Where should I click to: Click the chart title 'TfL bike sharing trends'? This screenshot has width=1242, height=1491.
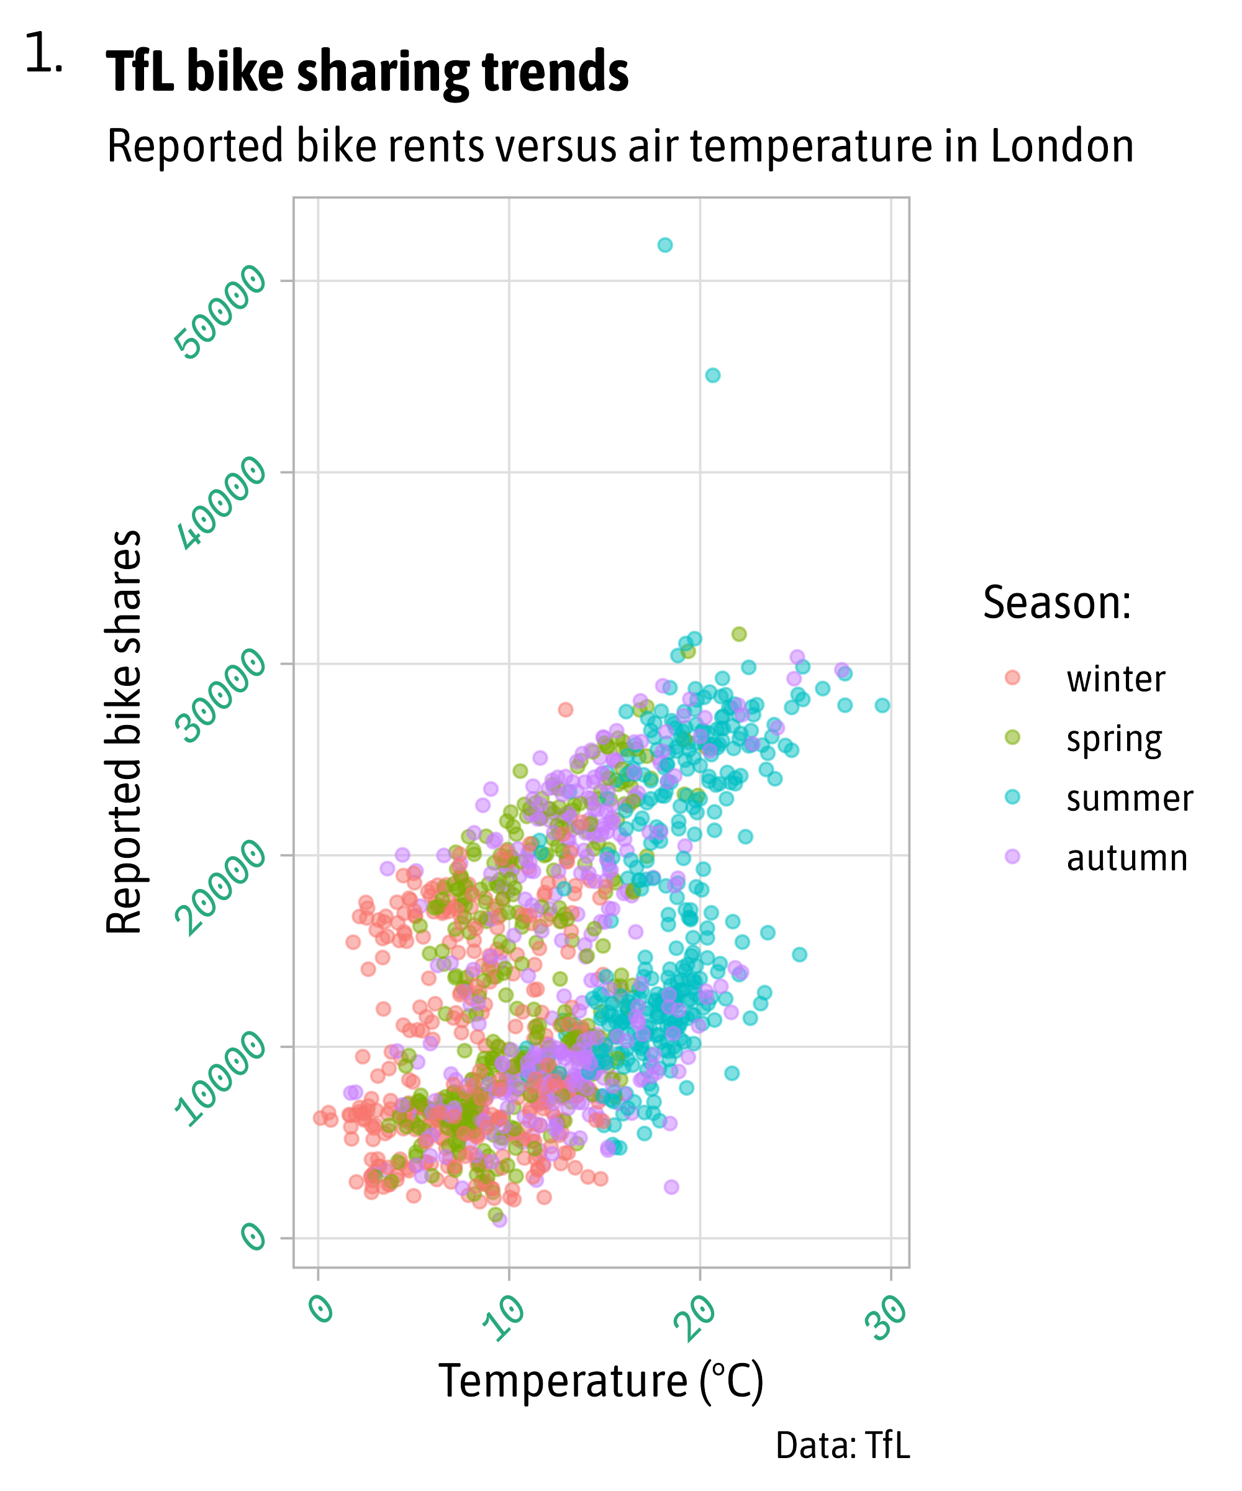[x=367, y=73]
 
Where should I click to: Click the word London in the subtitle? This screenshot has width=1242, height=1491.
[x=1062, y=146]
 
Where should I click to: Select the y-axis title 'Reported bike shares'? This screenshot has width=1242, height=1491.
[x=124, y=731]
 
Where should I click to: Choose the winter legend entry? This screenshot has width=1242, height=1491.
[x=1115, y=680]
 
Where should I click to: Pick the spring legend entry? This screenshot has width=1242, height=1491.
[x=1113, y=739]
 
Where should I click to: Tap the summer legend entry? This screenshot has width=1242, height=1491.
[x=1129, y=799]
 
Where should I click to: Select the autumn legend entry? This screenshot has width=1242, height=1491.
[x=1126, y=859]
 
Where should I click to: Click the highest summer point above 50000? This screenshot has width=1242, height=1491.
[x=665, y=245]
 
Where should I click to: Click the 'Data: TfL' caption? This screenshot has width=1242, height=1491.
[x=843, y=1446]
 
